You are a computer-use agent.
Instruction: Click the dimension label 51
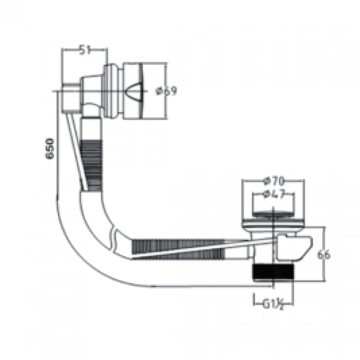(x=85, y=50)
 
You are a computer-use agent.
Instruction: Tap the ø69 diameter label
(x=166, y=91)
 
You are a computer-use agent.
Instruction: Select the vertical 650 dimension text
(x=50, y=148)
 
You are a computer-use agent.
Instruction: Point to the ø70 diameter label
(x=274, y=181)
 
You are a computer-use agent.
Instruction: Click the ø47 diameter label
(x=274, y=194)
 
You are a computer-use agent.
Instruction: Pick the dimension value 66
(x=324, y=255)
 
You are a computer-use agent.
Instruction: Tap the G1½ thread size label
(x=273, y=305)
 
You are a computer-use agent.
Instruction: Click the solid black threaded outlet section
(x=273, y=272)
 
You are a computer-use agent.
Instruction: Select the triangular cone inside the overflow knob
(x=134, y=91)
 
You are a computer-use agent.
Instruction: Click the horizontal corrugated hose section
(x=178, y=249)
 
